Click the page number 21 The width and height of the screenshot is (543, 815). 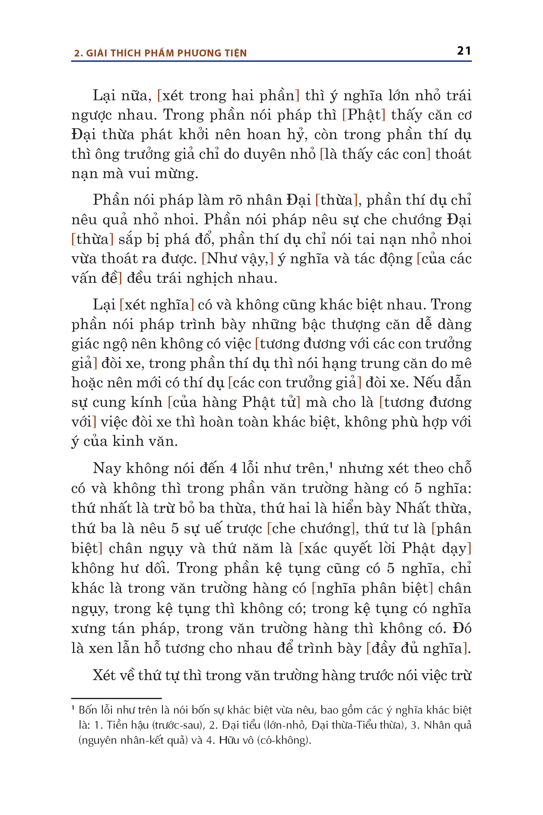coord(464,51)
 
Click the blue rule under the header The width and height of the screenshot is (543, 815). coord(271,61)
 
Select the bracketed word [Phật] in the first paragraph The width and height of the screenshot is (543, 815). coord(364,115)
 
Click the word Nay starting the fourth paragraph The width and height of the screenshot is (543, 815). coord(107,468)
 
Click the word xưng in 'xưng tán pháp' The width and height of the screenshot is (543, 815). coord(88,628)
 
